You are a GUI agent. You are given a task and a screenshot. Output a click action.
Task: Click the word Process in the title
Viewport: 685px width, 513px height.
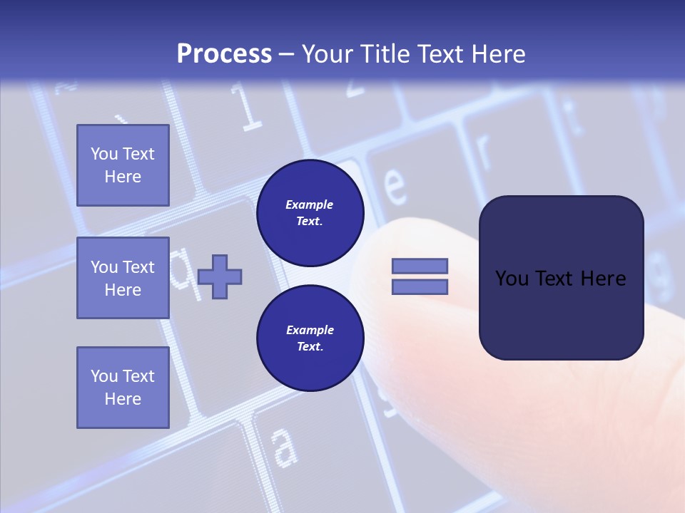point(224,54)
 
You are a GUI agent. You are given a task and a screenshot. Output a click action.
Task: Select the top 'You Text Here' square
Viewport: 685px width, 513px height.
point(123,165)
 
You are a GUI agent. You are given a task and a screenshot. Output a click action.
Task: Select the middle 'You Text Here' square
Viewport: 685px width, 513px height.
point(123,278)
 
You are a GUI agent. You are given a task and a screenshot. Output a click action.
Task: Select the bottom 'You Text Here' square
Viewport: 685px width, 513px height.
point(123,388)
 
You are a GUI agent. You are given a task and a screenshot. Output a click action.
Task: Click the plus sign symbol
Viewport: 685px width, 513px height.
point(220,276)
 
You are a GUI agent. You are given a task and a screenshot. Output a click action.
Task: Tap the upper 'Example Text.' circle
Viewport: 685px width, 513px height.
point(310,213)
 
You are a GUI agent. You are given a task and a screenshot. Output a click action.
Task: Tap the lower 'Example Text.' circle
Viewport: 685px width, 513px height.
point(310,338)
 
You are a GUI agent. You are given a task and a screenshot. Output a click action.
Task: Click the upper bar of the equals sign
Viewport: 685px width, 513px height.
point(420,266)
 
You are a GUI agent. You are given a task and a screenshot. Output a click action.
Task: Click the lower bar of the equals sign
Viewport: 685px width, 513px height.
point(420,287)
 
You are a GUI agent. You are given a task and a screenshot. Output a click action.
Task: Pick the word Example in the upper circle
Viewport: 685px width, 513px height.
point(310,204)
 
